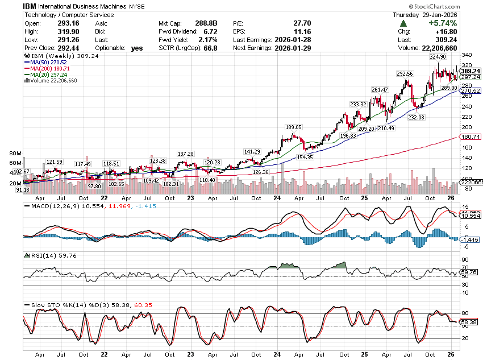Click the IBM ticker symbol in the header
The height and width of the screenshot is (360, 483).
pos(30,5)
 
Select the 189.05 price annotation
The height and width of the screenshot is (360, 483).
pos(293,127)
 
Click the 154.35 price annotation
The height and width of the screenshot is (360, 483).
pos(305,156)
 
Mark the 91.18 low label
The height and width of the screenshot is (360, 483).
pos(23,189)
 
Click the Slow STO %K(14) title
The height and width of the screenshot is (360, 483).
pos(55,305)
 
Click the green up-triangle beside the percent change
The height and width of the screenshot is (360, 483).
pos(403,23)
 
